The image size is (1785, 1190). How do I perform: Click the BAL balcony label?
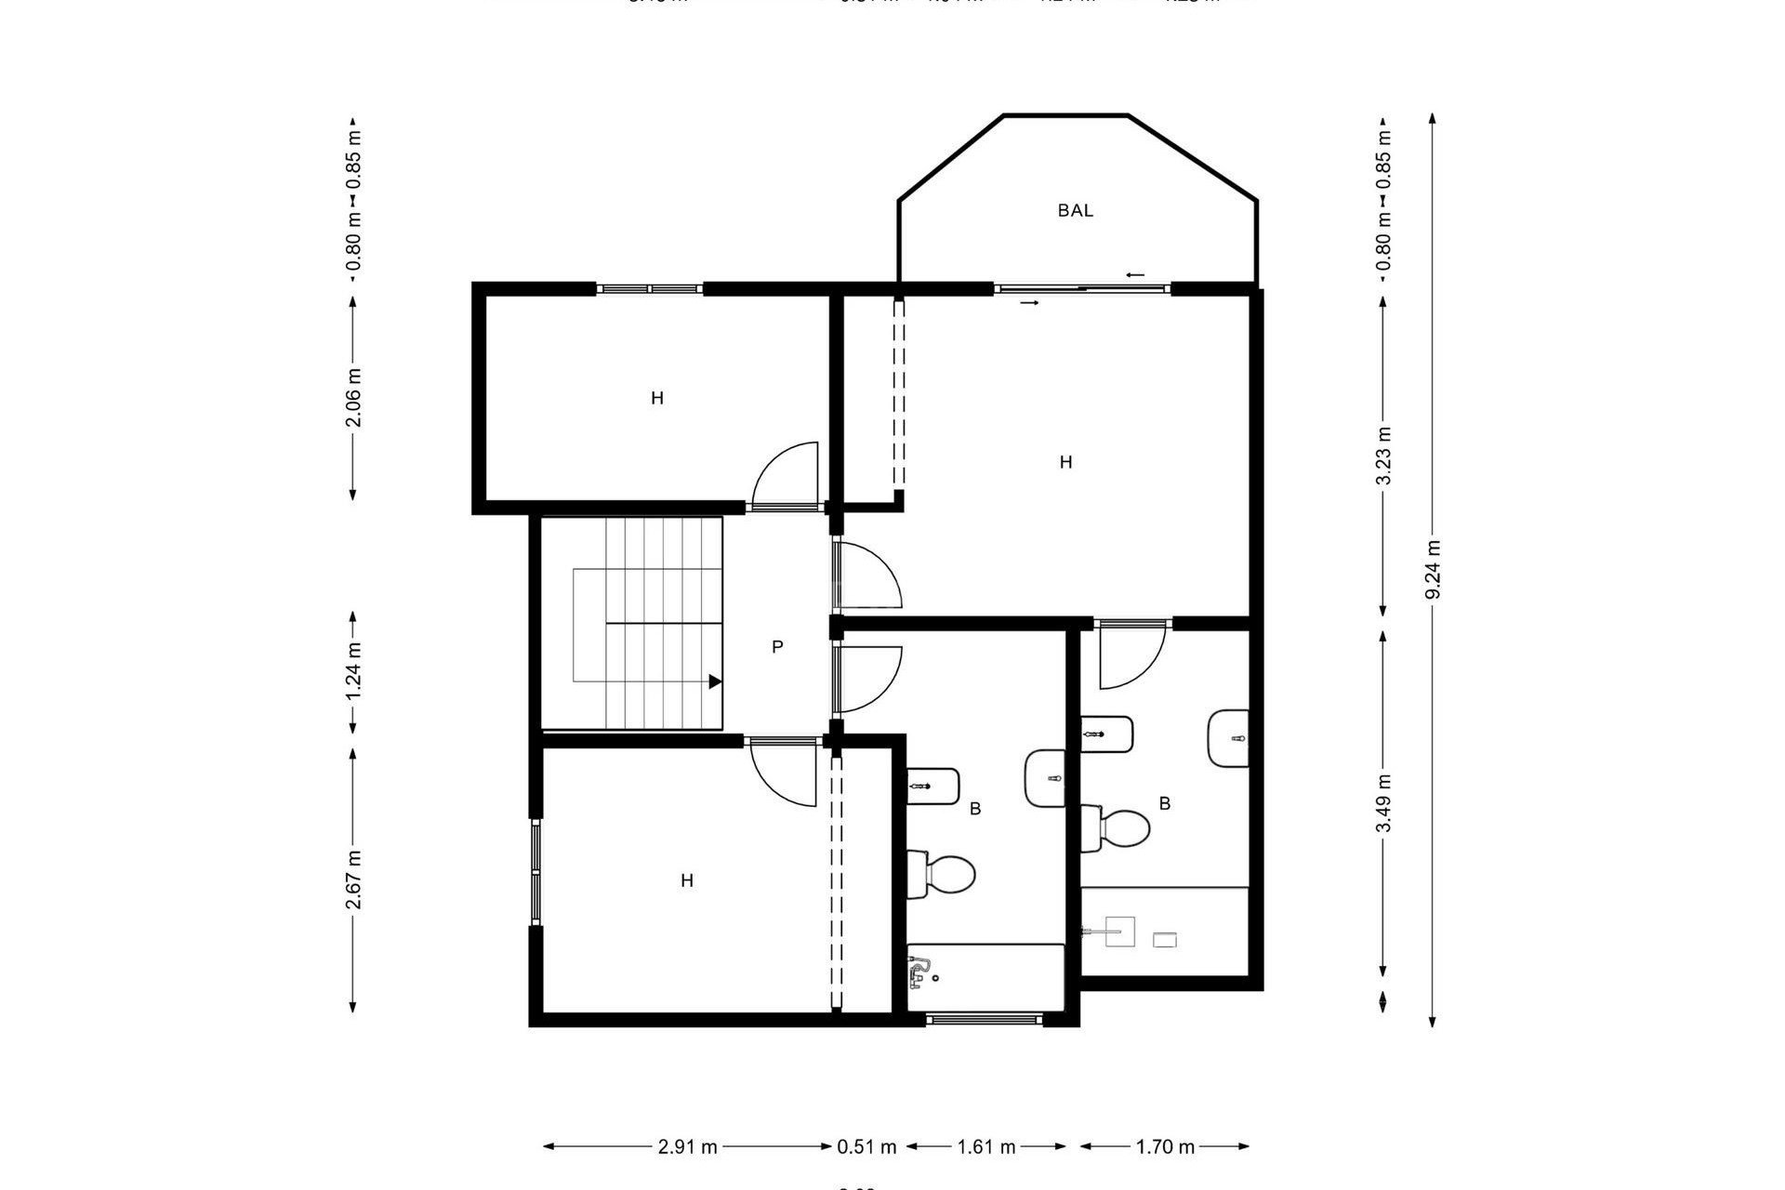[1075, 211]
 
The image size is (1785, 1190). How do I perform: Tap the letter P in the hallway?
[777, 647]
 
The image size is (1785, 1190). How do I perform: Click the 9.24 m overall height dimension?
[1433, 570]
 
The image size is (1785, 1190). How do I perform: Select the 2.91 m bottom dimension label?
[688, 1147]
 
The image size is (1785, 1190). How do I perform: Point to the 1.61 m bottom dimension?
[986, 1147]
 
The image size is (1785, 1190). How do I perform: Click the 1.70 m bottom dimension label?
[1165, 1147]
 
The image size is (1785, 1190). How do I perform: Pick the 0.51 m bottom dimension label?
[866, 1147]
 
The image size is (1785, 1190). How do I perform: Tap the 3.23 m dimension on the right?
[1383, 456]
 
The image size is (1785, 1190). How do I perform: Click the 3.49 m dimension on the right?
[1383, 802]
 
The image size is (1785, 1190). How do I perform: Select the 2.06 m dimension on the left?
[353, 398]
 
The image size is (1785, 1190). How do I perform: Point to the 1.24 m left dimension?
[353, 671]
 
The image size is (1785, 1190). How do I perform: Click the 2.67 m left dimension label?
[353, 879]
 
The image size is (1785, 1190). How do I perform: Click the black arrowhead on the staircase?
[715, 681]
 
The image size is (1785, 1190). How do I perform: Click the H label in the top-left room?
[657, 399]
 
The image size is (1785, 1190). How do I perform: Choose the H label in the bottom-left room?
[687, 880]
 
